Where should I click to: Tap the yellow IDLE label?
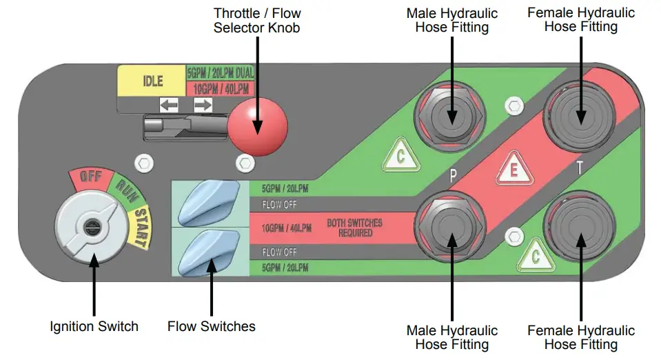coord(152,81)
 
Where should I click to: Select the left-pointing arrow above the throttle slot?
coord(169,105)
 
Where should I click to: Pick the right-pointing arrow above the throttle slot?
coord(203,105)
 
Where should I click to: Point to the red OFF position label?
coord(91,177)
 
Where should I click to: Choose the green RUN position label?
coord(127,188)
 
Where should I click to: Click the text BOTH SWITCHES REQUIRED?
coord(355,228)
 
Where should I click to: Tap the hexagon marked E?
coord(513,171)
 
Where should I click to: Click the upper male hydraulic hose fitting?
coord(451,115)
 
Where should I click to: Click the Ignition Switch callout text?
coord(94,326)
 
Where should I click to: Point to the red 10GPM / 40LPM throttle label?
coord(221,88)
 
